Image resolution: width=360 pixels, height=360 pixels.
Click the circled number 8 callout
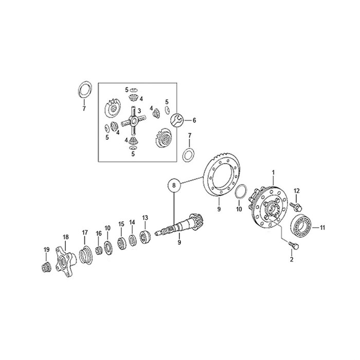pos(174,185)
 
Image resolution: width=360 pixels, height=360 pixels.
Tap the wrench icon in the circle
pos(177,120)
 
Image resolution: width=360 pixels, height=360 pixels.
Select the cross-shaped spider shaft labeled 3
pos(133,120)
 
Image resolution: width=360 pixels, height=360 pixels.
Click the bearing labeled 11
pos(301,226)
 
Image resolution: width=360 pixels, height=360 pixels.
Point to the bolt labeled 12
pos(296,206)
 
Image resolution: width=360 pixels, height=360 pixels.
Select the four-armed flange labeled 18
pos(65,261)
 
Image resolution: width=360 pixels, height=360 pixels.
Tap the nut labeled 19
pos(46,267)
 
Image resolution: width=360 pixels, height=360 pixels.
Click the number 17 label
pos(85,232)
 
